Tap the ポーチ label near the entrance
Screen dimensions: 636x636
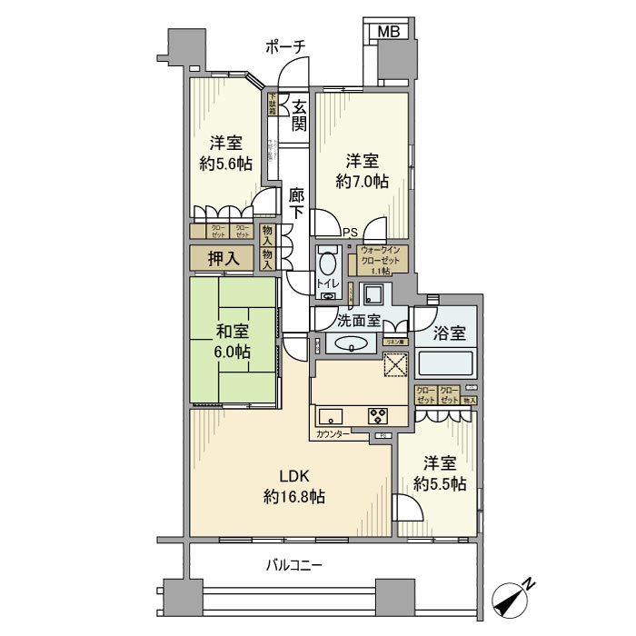click(x=285, y=46)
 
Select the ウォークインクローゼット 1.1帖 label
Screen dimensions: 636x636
click(x=383, y=259)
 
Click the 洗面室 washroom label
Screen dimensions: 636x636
click(x=357, y=320)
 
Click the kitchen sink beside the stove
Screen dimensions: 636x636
click(x=330, y=417)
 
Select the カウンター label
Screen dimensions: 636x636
click(x=333, y=435)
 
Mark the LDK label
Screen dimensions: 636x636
click(x=294, y=474)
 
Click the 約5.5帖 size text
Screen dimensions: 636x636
click(x=440, y=483)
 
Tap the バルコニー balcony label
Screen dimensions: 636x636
click(x=293, y=564)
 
